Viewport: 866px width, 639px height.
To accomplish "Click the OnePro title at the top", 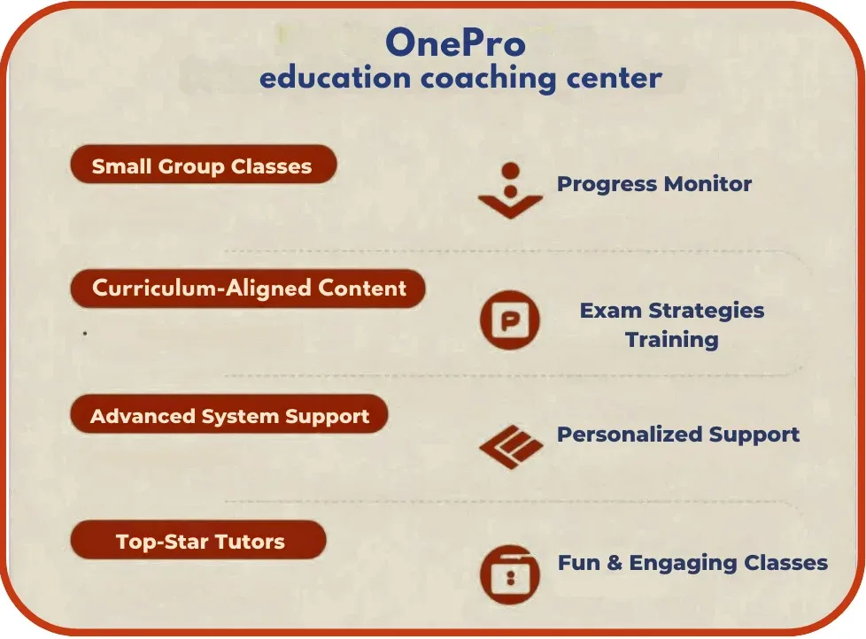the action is [x=455, y=42].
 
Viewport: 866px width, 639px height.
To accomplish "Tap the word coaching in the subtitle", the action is [x=488, y=79].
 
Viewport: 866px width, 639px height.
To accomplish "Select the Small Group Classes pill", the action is [x=204, y=165].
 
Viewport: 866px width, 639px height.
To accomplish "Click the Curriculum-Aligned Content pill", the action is [x=248, y=288].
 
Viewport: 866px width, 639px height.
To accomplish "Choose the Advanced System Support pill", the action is [x=229, y=414].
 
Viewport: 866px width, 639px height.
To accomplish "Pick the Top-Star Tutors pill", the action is [x=198, y=540].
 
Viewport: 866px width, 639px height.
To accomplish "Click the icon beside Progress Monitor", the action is [x=510, y=190].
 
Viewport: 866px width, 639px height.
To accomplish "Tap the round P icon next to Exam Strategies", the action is [x=510, y=320].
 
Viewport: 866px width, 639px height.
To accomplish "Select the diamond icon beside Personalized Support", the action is [x=512, y=447].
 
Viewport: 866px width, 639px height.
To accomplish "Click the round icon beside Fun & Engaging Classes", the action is [x=510, y=575].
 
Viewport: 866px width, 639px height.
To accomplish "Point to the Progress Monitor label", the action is [x=653, y=184].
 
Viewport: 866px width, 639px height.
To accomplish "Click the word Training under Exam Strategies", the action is [x=671, y=339].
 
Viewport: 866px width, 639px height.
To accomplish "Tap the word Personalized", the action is [x=629, y=435].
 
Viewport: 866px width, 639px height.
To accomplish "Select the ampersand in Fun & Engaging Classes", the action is [x=615, y=563].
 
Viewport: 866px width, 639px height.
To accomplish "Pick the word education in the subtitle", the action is [x=336, y=78].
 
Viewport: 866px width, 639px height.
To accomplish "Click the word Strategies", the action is [x=707, y=312].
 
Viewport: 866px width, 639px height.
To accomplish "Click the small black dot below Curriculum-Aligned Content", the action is [x=84, y=334].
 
